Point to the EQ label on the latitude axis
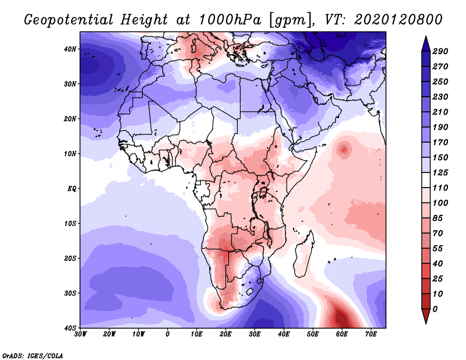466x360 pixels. coord(72,189)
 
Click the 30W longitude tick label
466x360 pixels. coord(80,334)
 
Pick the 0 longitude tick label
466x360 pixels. coord(168,334)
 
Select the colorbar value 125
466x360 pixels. coord(440,174)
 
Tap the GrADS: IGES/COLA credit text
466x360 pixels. coord(33,355)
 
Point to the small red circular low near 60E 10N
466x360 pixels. coord(344,149)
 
